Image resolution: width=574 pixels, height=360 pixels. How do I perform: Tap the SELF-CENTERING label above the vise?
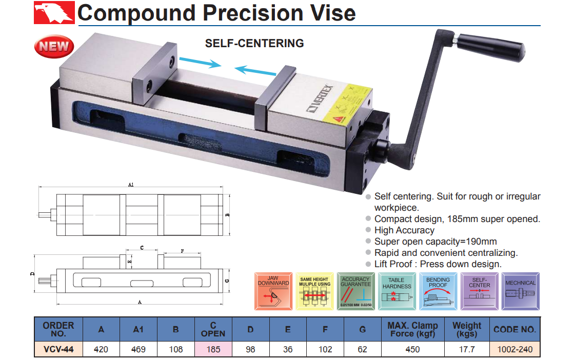254,44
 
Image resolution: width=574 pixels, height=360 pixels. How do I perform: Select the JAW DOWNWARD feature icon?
274,291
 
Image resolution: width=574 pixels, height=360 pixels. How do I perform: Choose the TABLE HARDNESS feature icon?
397,291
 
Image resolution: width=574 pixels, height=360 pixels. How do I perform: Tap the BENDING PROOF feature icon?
438,291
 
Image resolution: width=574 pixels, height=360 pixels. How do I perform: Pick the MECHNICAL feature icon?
520,291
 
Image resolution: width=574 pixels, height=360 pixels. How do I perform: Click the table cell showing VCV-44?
58,349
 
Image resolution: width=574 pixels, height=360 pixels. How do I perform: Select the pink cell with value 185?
213,349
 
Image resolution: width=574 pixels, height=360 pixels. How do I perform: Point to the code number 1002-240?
514,349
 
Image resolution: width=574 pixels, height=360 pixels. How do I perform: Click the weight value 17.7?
467,349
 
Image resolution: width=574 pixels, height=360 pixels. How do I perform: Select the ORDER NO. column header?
58,329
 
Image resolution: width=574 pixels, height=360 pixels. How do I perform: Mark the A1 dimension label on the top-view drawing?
131,185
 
